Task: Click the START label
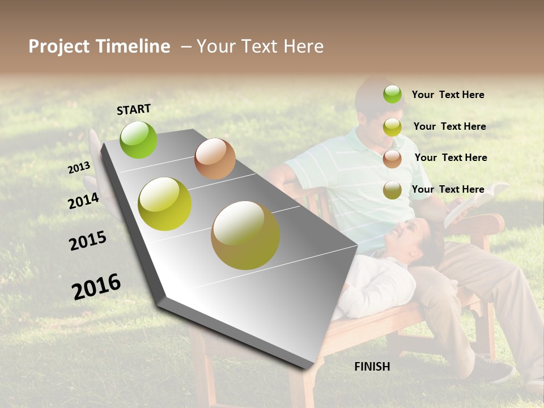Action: click(134, 109)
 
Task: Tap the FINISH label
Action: click(372, 367)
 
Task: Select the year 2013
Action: click(79, 168)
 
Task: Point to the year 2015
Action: click(88, 241)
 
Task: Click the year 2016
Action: click(96, 287)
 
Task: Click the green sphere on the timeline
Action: click(139, 139)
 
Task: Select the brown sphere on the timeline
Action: click(215, 159)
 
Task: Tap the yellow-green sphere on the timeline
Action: click(165, 204)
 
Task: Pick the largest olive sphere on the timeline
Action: click(245, 235)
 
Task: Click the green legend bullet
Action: click(392, 94)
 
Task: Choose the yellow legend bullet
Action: click(392, 127)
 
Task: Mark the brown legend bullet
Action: click(392, 159)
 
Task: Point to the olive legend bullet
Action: click(392, 190)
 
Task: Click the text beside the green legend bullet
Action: click(448, 95)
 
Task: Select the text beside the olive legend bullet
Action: click(448, 189)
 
